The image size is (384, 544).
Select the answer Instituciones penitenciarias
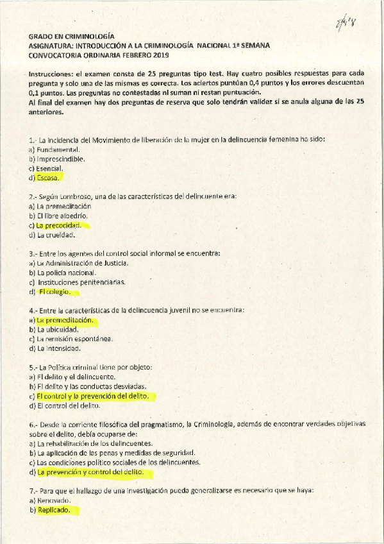(x=81, y=282)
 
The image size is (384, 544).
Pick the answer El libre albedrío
(x=62, y=216)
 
